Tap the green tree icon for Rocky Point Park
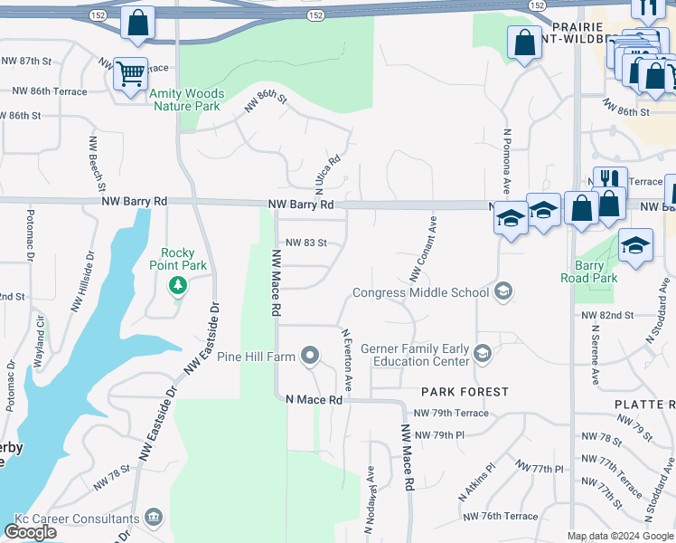point(178,286)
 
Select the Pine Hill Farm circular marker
point(310,355)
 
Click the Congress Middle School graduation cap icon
point(504,291)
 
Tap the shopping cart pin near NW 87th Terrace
point(131,73)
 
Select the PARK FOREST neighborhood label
point(464,392)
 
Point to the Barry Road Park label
point(588,271)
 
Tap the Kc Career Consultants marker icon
point(154,518)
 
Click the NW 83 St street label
point(305,243)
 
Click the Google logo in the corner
point(31,532)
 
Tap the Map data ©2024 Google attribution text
point(620,536)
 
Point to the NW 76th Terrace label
point(500,516)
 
